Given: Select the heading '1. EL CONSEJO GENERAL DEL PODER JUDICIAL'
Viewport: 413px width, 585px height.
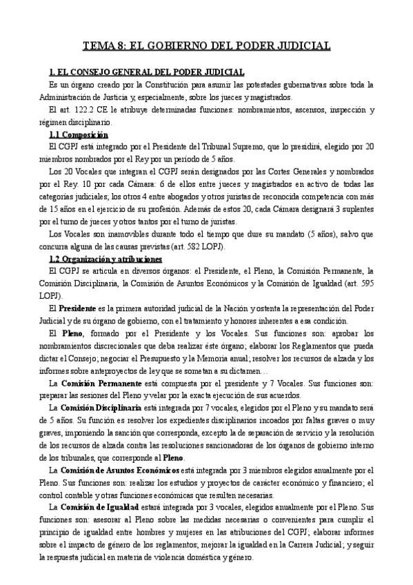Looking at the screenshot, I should click(x=146, y=72).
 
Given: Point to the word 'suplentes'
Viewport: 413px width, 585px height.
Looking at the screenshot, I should click(x=356, y=209).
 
